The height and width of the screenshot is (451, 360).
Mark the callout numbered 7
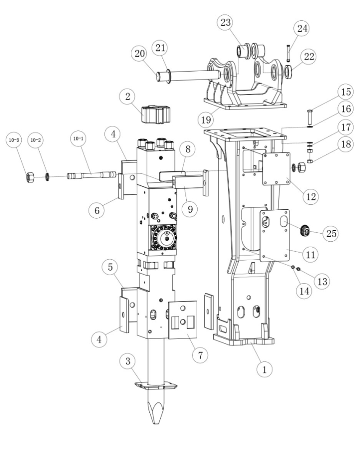pyautogui.click(x=199, y=354)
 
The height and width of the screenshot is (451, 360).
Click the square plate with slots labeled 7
pyautogui.click(x=183, y=318)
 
